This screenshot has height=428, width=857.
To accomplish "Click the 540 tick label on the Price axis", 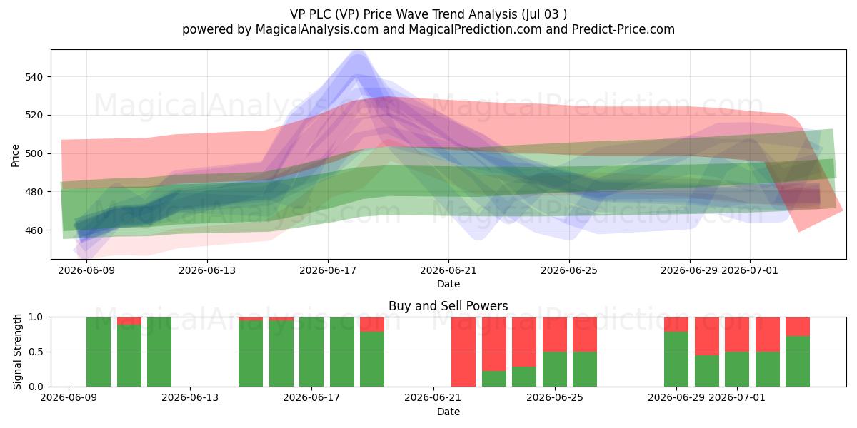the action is pyautogui.click(x=34, y=77).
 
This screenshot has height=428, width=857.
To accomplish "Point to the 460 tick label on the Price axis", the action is pyautogui.click(x=34, y=230).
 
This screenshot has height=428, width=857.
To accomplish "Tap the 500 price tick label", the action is pyautogui.click(x=34, y=153).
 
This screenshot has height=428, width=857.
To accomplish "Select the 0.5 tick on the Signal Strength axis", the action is pyautogui.click(x=36, y=352).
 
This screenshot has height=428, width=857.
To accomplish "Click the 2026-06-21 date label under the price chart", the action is pyautogui.click(x=448, y=270).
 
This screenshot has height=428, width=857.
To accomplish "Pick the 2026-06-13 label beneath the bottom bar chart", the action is pyautogui.click(x=190, y=397).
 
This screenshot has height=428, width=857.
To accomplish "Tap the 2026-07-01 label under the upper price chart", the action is pyautogui.click(x=749, y=270).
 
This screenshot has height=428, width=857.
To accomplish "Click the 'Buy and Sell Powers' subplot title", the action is pyautogui.click(x=448, y=306).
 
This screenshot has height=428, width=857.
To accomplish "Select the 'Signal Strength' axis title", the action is pyautogui.click(x=17, y=352).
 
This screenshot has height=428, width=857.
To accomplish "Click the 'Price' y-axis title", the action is pyautogui.click(x=15, y=156).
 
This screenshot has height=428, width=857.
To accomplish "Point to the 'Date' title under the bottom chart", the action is pyautogui.click(x=448, y=412).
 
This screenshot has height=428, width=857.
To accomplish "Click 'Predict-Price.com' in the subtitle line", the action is pyautogui.click(x=623, y=29).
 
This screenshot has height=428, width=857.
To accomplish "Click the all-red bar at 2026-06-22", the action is pyautogui.click(x=463, y=352).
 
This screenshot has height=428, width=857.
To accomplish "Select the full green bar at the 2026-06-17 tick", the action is pyautogui.click(x=311, y=352).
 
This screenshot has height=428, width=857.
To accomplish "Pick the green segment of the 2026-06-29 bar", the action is pyautogui.click(x=676, y=360).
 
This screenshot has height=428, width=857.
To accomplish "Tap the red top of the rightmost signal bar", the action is pyautogui.click(x=798, y=327).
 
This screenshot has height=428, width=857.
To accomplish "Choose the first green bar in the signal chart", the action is pyautogui.click(x=99, y=352).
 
